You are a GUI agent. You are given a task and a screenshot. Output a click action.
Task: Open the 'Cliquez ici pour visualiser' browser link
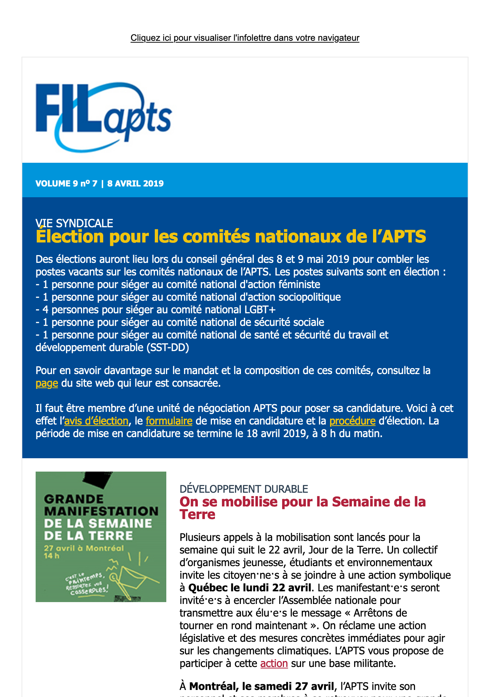click(x=245, y=38)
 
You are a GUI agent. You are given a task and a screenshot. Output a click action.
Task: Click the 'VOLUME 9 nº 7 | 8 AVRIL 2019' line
click(x=99, y=184)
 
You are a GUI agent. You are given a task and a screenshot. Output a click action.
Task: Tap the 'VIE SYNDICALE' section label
click(x=74, y=223)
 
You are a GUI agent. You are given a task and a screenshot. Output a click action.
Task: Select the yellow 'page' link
click(x=47, y=383)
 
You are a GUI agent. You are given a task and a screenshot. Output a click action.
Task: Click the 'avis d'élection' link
click(x=96, y=421)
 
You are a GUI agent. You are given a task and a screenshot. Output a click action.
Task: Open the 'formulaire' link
click(x=169, y=421)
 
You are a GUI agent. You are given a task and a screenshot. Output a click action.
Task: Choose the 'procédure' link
click(x=352, y=421)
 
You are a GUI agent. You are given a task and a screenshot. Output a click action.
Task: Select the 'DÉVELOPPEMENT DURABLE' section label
click(x=244, y=489)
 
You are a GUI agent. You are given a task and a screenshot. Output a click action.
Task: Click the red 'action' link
click(x=274, y=663)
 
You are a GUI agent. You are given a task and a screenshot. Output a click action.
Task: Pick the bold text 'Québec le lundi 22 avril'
click(x=250, y=588)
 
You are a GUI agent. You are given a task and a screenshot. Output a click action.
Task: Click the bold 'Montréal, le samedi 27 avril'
click(x=261, y=686)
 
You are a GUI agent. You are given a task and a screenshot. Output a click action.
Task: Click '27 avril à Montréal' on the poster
click(x=84, y=548)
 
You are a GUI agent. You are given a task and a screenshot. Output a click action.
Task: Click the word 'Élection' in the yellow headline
click(x=70, y=237)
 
